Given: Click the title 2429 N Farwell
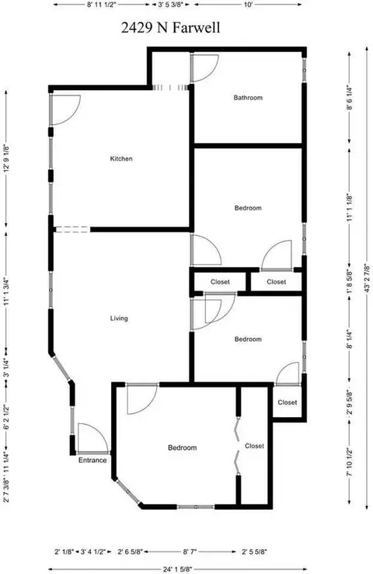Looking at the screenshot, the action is pos(170,28).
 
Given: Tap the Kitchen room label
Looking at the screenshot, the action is pos(121,158).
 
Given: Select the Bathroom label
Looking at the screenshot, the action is pos(248,98).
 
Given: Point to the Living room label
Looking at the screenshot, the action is pos(119,318).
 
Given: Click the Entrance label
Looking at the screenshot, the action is pos(92,460).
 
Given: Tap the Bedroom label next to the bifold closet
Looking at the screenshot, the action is pos(182,447).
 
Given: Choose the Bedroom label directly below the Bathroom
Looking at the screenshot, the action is pos(248,208).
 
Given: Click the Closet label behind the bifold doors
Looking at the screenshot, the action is pos(254,446).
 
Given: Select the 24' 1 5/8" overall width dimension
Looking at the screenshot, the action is pos(178,569).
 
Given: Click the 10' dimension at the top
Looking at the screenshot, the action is pos(248,5).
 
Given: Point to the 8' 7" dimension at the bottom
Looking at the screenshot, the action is pos(193,551).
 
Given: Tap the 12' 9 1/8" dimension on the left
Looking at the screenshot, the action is pos(6,159).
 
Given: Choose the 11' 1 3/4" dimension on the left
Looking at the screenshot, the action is pos(6,292).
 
